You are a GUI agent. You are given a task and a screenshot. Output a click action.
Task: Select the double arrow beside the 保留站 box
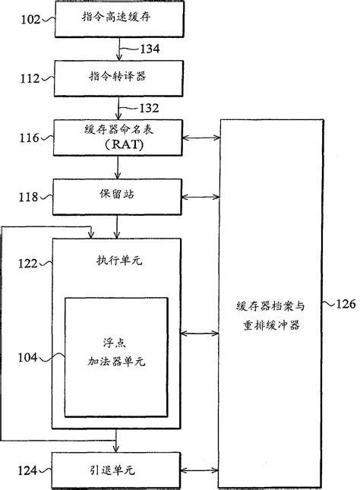(x=200, y=199)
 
